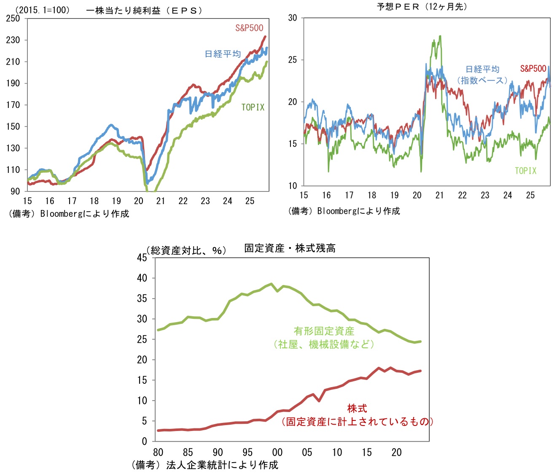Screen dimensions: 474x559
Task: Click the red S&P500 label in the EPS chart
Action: [249, 28]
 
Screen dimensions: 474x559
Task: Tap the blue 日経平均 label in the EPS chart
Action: [223, 54]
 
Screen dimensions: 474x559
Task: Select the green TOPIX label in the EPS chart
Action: [253, 108]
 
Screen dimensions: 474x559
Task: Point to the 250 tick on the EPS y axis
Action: [13, 18]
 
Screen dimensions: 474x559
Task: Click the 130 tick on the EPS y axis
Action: [13, 148]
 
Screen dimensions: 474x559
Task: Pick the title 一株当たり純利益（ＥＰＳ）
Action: [144, 11]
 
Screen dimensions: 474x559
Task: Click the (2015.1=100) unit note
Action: [43, 10]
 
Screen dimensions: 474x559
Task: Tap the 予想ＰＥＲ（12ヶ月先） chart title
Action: [422, 7]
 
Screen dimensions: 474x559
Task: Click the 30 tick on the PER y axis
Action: [293, 18]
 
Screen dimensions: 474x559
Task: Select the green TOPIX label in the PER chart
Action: [525, 171]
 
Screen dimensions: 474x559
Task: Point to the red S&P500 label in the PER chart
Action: [533, 69]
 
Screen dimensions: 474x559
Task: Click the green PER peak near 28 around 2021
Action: [440, 36]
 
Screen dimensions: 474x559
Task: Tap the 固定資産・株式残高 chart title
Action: [290, 248]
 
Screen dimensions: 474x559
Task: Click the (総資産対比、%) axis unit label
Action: [186, 250]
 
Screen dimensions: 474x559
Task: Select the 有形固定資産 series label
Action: [324, 331]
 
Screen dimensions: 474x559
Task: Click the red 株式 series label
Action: [357, 408]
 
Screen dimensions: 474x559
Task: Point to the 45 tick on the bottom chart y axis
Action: [142, 258]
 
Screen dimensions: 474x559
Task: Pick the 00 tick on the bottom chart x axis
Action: [277, 452]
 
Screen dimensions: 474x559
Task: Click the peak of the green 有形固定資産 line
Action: [271, 284]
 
